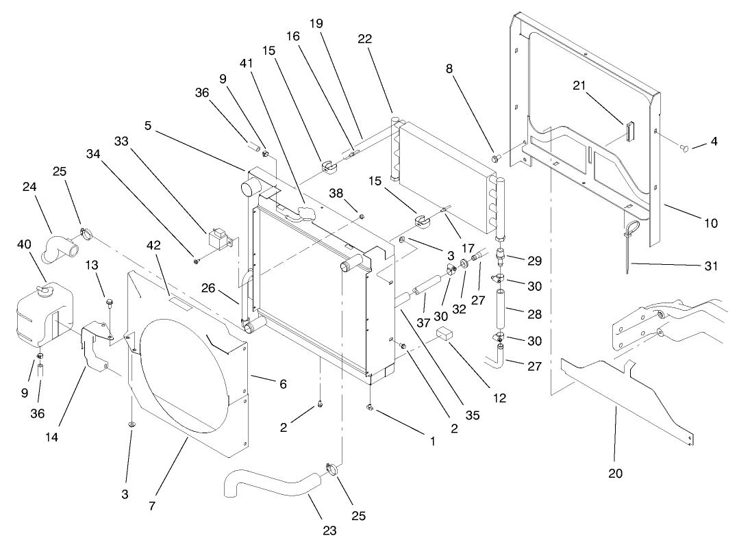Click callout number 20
tap(615, 473)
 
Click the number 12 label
tap(500, 397)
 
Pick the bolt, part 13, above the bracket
tap(109, 302)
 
